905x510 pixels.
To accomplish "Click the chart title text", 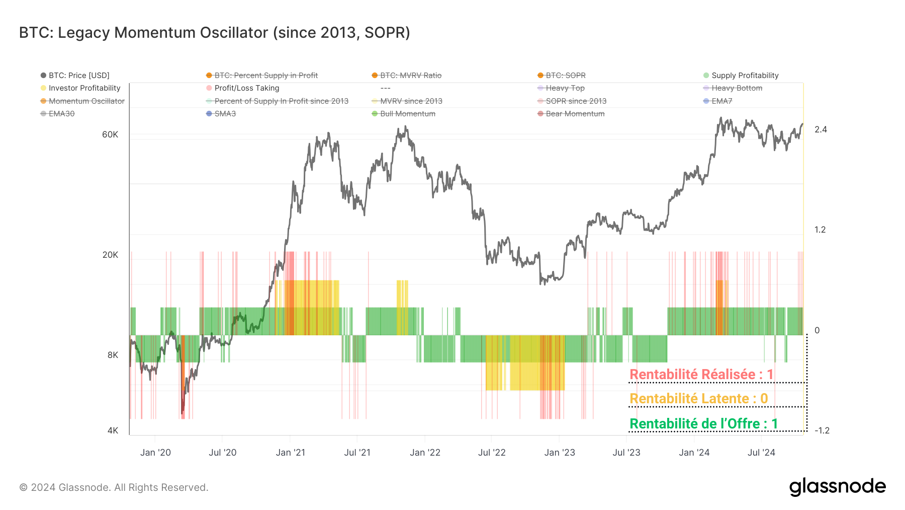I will point(215,32).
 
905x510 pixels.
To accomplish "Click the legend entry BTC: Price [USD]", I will point(78,76).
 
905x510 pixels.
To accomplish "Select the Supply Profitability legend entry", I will point(745,76).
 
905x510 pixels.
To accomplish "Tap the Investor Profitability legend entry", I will point(84,88).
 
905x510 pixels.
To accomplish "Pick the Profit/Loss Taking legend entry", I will point(246,88).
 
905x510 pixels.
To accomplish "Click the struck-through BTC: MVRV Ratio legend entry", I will point(410,76).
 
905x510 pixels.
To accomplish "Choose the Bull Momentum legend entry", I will point(407,114).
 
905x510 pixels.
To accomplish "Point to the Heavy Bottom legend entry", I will point(737,88).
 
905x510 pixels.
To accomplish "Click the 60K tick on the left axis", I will point(110,134).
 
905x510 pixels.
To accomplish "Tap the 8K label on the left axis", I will point(113,355).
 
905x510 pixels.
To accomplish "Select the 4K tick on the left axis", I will point(113,430).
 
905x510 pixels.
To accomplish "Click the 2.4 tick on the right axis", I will point(821,129).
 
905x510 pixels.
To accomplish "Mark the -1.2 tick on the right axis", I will point(822,430).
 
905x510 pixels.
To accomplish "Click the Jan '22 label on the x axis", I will point(425,453).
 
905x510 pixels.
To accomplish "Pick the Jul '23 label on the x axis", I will point(626,453).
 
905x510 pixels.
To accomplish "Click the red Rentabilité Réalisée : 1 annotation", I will point(701,375).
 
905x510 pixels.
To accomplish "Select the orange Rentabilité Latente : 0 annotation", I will point(698,399).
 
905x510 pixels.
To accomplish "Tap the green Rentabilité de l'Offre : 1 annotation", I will point(703,424).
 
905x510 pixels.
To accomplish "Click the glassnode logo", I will point(837,487).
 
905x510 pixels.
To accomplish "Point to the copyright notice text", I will point(114,487).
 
